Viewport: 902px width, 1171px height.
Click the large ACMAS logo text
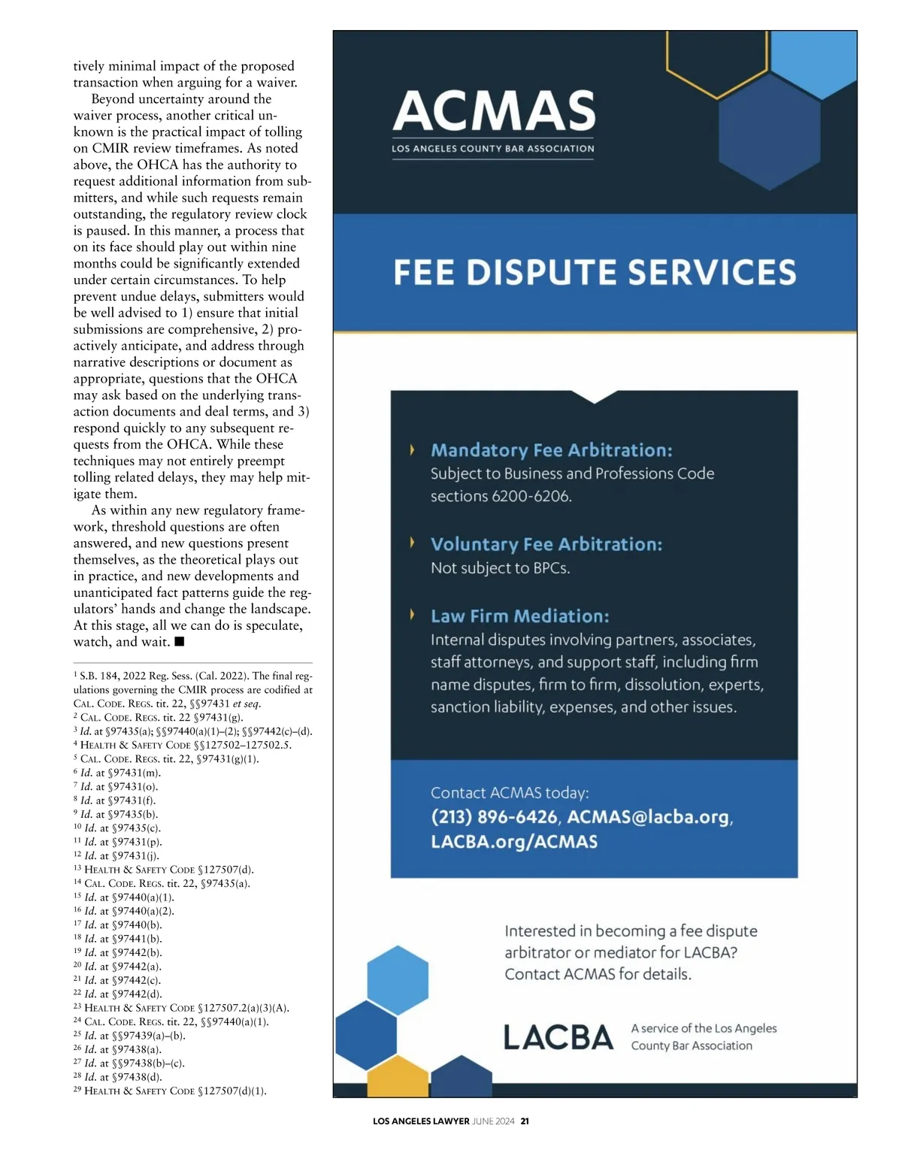[493, 110]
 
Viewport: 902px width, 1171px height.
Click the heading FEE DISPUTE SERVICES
[595, 272]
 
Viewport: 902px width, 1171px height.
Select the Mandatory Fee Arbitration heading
[551, 450]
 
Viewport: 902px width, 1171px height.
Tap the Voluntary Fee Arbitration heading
[546, 544]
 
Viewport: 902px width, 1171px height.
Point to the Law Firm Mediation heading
[519, 616]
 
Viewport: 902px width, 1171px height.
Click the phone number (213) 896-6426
[494, 817]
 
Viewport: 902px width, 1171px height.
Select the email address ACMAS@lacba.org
[648, 817]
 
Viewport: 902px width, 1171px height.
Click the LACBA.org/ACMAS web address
[514, 842]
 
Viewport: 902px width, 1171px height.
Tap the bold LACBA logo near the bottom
[558, 1038]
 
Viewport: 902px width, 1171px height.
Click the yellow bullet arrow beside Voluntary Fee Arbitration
[412, 543]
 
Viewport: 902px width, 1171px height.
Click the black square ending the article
[179, 642]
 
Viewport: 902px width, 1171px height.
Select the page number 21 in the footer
[525, 1121]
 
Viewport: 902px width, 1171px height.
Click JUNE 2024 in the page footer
[494, 1121]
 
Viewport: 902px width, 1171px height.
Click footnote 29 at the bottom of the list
[170, 1091]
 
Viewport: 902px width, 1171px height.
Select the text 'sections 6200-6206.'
[501, 496]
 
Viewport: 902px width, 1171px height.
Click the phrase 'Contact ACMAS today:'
[510, 793]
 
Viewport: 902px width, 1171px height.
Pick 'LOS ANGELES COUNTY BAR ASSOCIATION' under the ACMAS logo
[492, 149]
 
